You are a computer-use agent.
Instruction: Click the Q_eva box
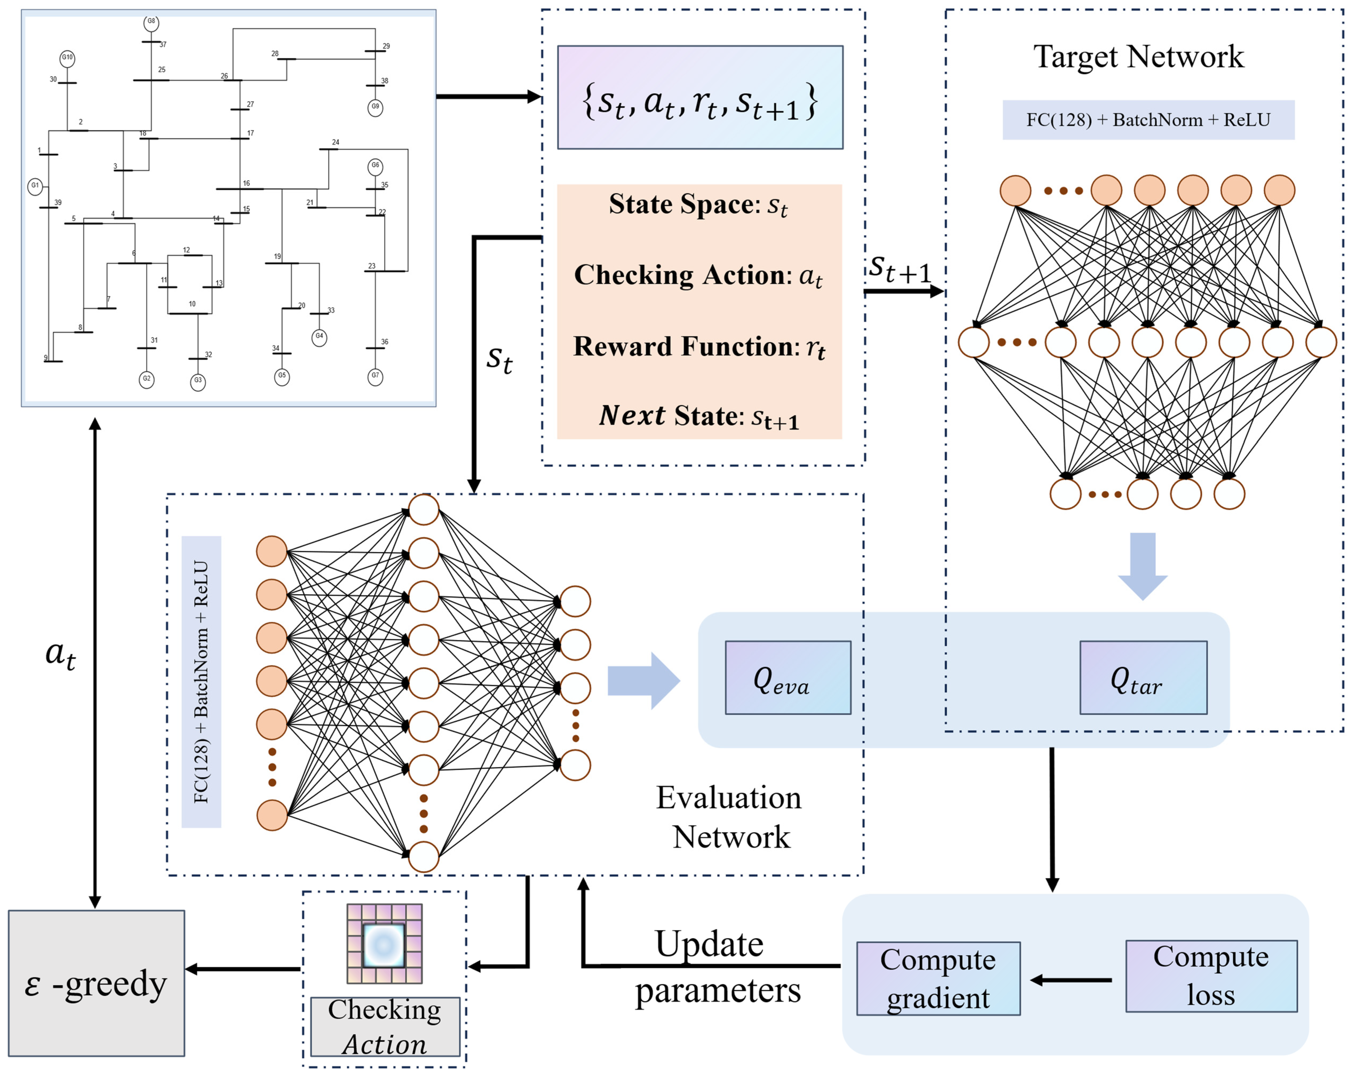coord(788,677)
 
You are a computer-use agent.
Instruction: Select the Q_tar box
coord(1143,677)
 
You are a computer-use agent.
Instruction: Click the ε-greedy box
coord(97,983)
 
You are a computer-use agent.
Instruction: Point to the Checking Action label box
coord(385,1027)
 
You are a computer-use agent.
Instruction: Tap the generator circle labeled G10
coord(67,58)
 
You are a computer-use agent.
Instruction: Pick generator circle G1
coord(35,186)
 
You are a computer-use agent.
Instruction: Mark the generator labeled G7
coord(375,377)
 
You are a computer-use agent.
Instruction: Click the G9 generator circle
coord(375,107)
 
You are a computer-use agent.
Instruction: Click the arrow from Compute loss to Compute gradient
coord(1071,980)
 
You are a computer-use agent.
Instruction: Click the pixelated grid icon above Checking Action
coord(384,944)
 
